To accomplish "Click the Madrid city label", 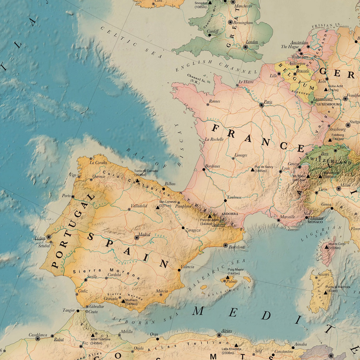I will point(145,234).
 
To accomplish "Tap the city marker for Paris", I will point(261,105).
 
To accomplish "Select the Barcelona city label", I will point(237,247).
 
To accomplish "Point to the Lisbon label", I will point(40,238).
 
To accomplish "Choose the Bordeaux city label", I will point(212,166).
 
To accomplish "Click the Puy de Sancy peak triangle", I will point(252,170).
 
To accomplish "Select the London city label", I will point(252,42).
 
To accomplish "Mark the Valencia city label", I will point(187,267).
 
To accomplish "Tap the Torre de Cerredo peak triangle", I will point(138,181).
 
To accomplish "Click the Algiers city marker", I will point(219,335).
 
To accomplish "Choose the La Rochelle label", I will point(214,139).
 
